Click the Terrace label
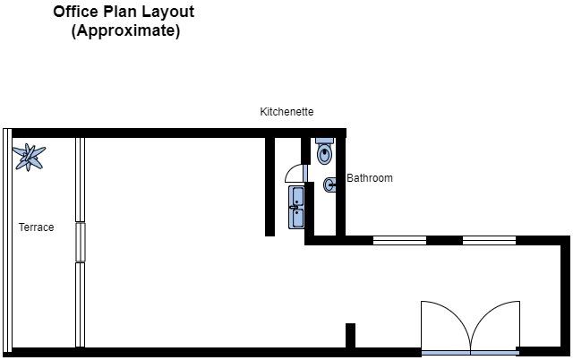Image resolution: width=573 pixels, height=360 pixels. click(36, 227)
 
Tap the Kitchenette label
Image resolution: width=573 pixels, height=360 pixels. click(286, 111)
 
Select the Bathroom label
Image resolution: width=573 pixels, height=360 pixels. click(370, 178)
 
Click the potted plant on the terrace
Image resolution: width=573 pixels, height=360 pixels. click(29, 157)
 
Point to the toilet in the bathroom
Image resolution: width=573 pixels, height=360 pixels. click(324, 151)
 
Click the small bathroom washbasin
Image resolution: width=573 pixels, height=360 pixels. click(329, 185)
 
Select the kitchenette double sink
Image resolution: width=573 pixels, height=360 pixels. click(296, 207)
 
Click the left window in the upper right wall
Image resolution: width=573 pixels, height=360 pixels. click(399, 241)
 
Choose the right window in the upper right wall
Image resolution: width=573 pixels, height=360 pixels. click(489, 241)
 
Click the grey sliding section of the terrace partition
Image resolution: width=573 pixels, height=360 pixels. click(81, 242)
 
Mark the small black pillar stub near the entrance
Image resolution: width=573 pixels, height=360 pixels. click(350, 336)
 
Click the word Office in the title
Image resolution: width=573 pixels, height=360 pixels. click(76, 12)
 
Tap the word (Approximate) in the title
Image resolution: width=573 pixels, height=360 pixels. click(125, 30)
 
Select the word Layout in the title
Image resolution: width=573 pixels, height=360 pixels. click(168, 13)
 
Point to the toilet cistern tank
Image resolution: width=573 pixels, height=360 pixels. click(324, 141)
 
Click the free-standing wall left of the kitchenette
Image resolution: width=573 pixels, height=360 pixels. click(269, 187)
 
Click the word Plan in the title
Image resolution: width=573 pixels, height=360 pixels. click(120, 12)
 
